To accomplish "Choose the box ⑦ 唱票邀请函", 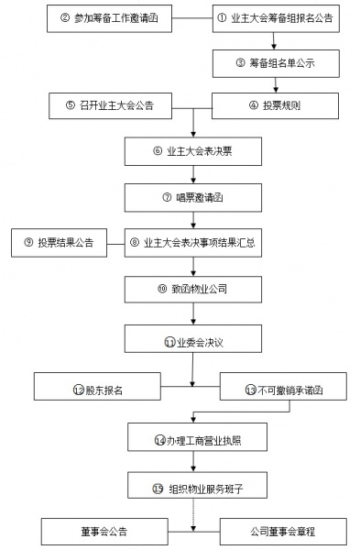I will point(192,197).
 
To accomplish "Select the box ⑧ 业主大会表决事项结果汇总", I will point(192,243).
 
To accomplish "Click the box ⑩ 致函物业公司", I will point(192,290).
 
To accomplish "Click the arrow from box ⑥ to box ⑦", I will point(192,175).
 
